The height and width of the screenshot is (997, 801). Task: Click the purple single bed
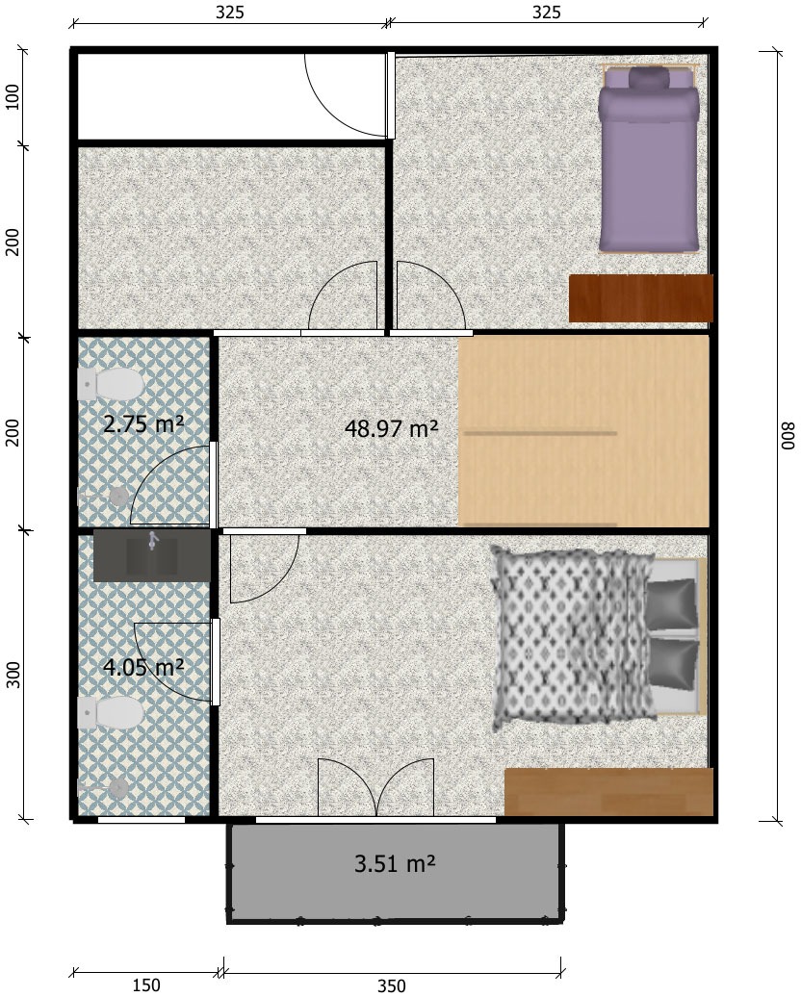pyautogui.click(x=649, y=159)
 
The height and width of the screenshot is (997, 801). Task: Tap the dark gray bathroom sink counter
pyautogui.click(x=152, y=555)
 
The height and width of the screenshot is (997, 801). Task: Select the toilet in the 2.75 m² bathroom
pyautogui.click(x=111, y=384)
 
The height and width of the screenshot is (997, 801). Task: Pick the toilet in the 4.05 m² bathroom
pyautogui.click(x=111, y=712)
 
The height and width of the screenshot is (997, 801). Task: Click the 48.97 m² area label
pyautogui.click(x=391, y=428)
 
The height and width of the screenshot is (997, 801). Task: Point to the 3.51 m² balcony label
pyautogui.click(x=395, y=864)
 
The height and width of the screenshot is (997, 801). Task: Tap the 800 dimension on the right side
pyautogui.click(x=788, y=436)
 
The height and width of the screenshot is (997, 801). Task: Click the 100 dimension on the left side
pyautogui.click(x=13, y=96)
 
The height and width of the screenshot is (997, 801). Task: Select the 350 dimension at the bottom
pyautogui.click(x=391, y=985)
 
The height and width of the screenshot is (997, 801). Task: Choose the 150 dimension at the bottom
pyautogui.click(x=146, y=985)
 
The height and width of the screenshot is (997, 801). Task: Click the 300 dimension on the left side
pyautogui.click(x=13, y=675)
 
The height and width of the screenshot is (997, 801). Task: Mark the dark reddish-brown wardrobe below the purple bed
pyautogui.click(x=640, y=298)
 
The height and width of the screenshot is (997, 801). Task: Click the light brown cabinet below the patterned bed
pyautogui.click(x=608, y=792)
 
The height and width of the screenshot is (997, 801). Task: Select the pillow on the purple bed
pyautogui.click(x=650, y=78)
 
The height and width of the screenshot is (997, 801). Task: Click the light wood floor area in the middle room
pyautogui.click(x=583, y=431)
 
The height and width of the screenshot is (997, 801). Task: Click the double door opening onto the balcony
pyautogui.click(x=376, y=787)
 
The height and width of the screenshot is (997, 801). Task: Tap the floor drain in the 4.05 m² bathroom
pyautogui.click(x=118, y=789)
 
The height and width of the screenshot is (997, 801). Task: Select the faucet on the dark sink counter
pyautogui.click(x=152, y=541)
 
